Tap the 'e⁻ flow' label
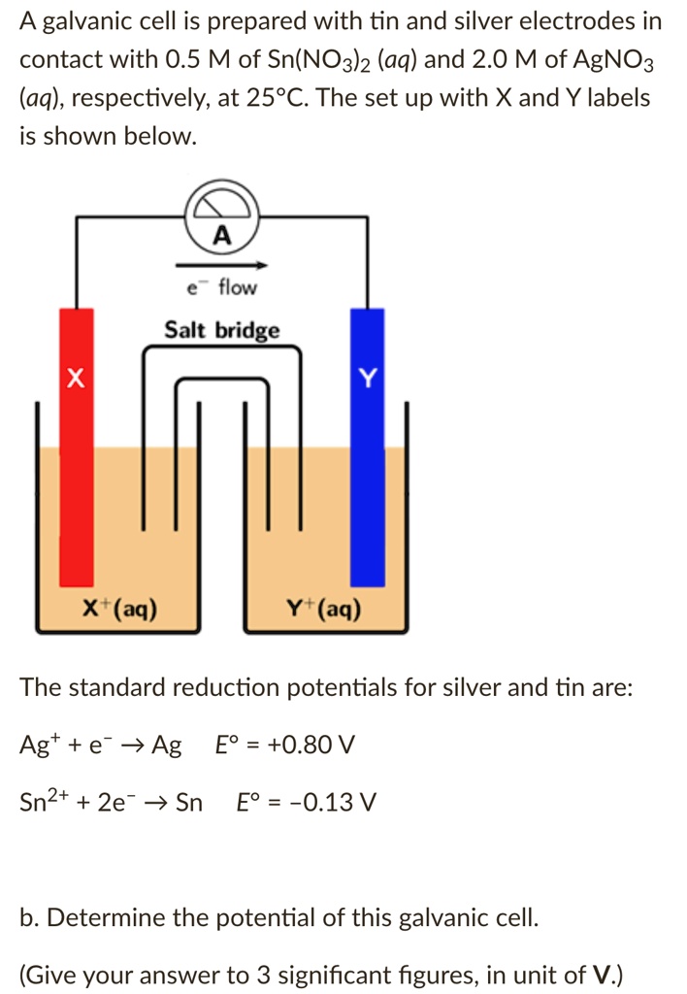pyautogui.click(x=221, y=287)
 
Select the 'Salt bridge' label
pyautogui.click(x=222, y=330)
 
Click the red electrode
pyautogui.click(x=78, y=456)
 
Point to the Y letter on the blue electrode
pyautogui.click(x=367, y=376)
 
